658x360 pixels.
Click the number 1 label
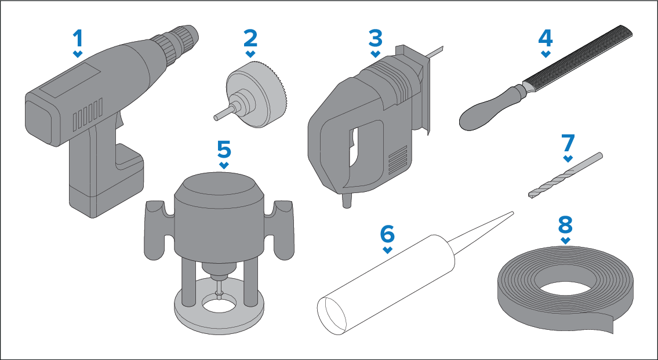[x=78, y=38]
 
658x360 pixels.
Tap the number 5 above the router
[x=224, y=149]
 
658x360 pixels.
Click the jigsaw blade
[x=434, y=50]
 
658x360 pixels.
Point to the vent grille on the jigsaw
[x=397, y=160]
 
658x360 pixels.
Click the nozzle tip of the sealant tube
[x=512, y=213]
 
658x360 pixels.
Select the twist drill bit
[x=565, y=175]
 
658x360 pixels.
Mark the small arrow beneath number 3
[x=376, y=54]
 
